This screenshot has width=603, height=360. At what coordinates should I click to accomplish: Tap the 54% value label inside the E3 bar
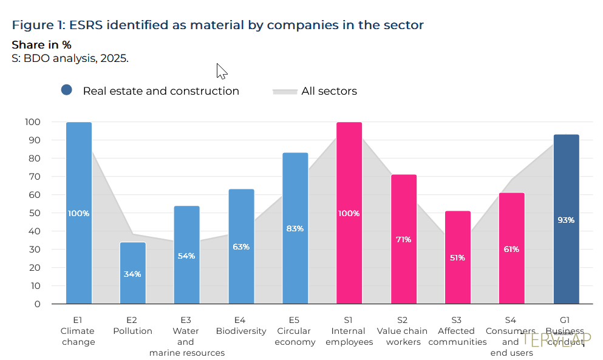click(x=186, y=256)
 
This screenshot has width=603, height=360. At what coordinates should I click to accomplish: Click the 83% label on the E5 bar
click(x=295, y=229)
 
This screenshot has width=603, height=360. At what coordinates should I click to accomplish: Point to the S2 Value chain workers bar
click(x=404, y=239)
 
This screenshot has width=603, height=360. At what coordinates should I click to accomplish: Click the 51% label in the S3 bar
click(x=457, y=258)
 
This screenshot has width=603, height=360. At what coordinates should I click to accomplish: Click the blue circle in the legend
click(x=67, y=90)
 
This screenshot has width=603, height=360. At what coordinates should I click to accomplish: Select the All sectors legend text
click(x=329, y=91)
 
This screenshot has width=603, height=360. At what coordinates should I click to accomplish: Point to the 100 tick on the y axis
click(x=33, y=122)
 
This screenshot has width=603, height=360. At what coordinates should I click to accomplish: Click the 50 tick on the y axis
click(x=35, y=213)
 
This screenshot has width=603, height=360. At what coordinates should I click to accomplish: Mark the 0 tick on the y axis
click(x=37, y=304)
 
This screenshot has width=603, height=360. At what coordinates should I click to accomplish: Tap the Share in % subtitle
click(x=41, y=45)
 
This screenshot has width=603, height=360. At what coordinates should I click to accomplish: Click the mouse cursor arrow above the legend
click(x=221, y=70)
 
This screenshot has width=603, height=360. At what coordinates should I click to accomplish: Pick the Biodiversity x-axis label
click(x=241, y=331)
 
